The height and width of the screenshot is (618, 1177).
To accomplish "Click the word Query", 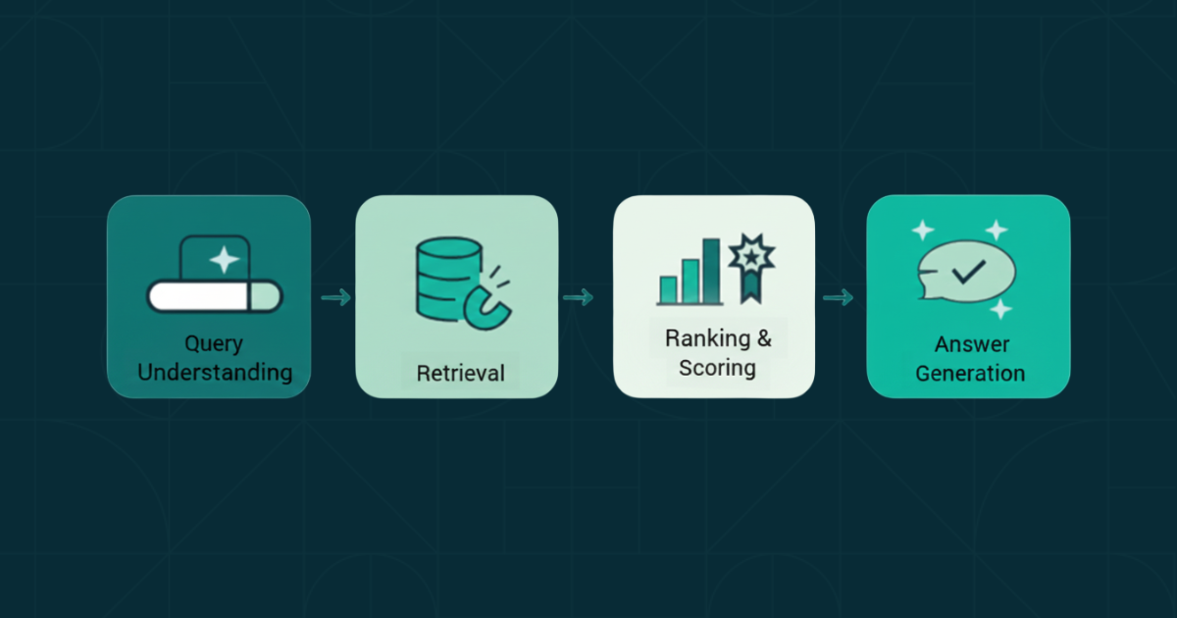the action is click(x=214, y=344).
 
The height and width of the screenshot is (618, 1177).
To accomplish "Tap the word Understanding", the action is click(x=215, y=373).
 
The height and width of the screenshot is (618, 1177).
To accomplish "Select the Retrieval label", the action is click(x=461, y=373).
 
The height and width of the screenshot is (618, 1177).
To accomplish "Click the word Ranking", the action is click(x=707, y=337).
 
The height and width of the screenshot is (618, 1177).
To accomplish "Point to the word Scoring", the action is click(x=717, y=367).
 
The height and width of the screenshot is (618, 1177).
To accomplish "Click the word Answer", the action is click(x=972, y=344).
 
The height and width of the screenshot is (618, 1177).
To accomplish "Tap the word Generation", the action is click(x=970, y=374).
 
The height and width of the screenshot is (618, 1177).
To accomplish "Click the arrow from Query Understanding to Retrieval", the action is click(x=336, y=297).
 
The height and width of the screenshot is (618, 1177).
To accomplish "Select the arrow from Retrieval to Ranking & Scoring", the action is click(x=579, y=297).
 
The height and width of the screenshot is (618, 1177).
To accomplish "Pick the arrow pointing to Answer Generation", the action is click(x=838, y=297).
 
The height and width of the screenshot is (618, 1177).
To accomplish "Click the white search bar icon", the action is click(x=215, y=296).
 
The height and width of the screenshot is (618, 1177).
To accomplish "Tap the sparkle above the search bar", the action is click(x=225, y=260).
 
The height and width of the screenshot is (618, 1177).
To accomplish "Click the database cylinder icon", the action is click(x=449, y=279).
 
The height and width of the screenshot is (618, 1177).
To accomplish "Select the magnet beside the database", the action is click(x=487, y=310).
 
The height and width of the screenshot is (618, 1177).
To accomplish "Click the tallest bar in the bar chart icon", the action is click(x=711, y=271).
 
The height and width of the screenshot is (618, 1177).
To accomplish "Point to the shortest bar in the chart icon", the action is click(x=668, y=289).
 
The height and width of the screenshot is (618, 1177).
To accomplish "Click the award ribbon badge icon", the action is click(x=751, y=268).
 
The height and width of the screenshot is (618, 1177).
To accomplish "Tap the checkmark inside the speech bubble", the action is click(x=968, y=272).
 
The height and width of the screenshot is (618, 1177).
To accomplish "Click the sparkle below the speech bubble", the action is click(x=1001, y=309).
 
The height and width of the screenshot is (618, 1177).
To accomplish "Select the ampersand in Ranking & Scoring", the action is click(x=764, y=337).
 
